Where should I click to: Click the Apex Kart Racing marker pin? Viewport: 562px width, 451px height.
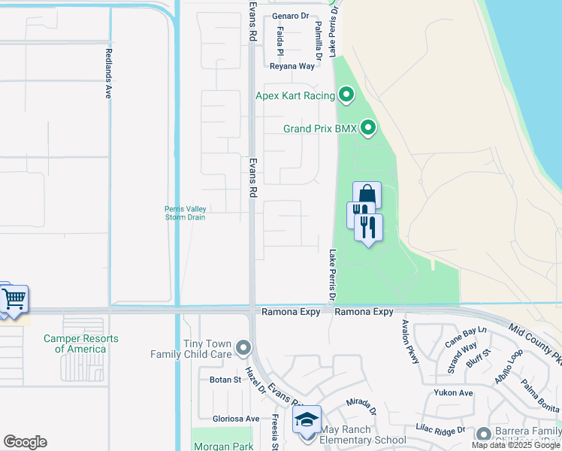[x=346, y=95]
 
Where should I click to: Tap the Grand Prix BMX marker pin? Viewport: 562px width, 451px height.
[x=368, y=129]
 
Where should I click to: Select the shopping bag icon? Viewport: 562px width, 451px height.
[x=367, y=194]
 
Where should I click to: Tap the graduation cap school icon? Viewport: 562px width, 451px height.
[x=307, y=419]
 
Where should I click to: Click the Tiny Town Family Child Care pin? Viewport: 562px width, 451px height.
[x=243, y=348]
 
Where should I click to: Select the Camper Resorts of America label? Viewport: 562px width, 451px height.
[x=81, y=344]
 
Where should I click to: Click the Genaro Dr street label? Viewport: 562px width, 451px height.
[x=291, y=16]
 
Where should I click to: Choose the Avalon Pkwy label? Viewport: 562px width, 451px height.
[x=409, y=342]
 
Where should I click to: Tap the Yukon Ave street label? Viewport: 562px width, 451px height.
[x=453, y=392]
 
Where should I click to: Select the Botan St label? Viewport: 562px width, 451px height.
[x=224, y=380]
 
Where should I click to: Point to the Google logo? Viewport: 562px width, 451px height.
[x=25, y=442]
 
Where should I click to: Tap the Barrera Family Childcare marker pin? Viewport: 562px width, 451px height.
[x=481, y=433]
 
